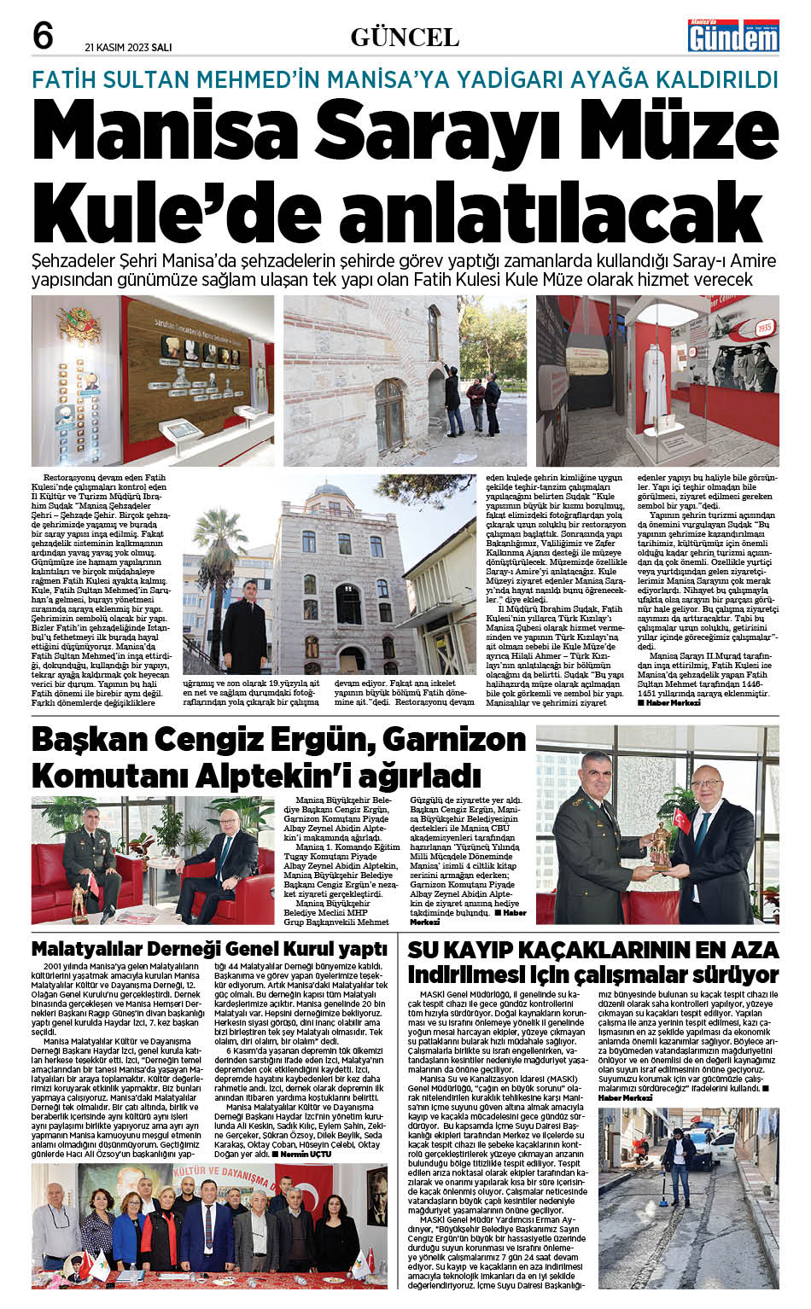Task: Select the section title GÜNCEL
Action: click(405, 37)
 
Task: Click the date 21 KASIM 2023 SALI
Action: click(128, 47)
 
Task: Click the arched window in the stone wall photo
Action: click(389, 414)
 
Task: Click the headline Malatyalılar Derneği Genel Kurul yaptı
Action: click(209, 949)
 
